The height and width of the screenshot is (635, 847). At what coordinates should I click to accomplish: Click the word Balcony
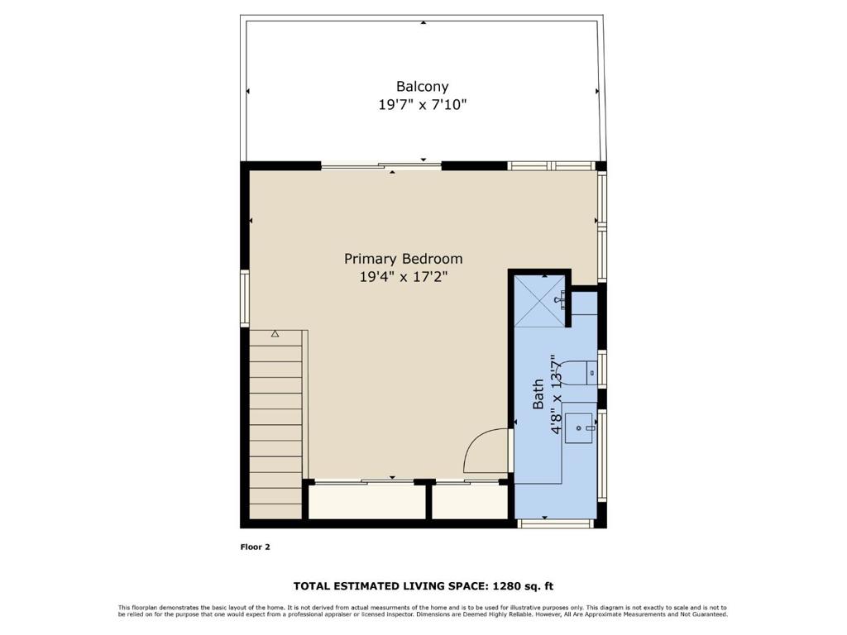coord(422,86)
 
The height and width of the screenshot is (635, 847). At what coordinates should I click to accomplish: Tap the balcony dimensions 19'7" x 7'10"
coord(422,105)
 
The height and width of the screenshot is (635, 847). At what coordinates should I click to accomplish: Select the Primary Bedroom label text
coord(403,259)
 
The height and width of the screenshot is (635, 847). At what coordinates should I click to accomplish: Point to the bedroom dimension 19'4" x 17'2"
coord(403,278)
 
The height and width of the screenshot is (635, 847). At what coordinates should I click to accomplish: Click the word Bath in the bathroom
coord(538,394)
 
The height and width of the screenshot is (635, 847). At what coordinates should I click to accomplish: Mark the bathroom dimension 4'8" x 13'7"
coord(557,394)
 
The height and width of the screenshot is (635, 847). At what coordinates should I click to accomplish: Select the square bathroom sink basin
coord(580,427)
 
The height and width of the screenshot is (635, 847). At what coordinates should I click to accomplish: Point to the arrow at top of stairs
coord(275,334)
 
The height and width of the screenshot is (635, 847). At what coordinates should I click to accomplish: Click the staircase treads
coord(275,430)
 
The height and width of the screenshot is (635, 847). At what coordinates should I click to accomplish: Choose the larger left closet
coord(366,501)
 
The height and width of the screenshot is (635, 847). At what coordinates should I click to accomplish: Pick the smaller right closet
coord(469,501)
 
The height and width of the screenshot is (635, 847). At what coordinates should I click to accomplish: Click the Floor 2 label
coord(255,547)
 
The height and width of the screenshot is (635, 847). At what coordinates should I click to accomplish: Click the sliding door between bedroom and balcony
coord(381,166)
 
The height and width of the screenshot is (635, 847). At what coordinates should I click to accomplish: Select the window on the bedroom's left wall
coord(244,298)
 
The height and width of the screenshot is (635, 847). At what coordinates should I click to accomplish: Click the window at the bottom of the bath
coord(554,523)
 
